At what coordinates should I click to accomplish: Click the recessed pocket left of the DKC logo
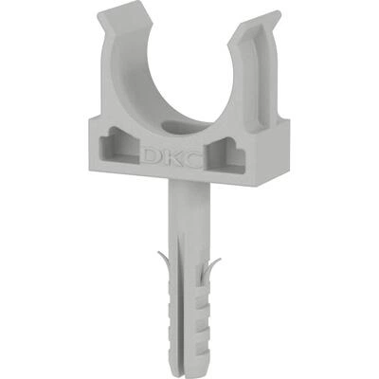coord(119,145)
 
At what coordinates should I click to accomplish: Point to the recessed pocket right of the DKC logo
coord(226,155)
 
